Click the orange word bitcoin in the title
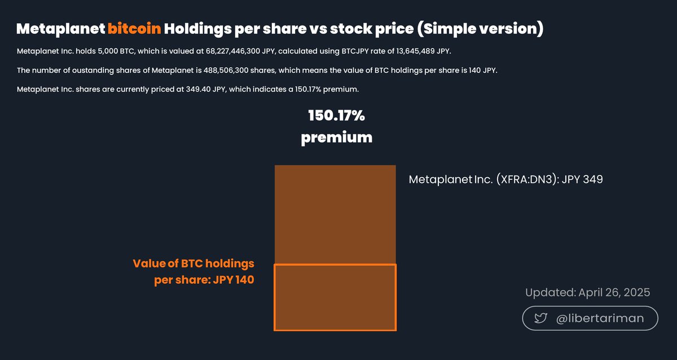pyautogui.click(x=134, y=29)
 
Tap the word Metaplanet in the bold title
pyautogui.click(x=60, y=29)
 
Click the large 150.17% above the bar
pyautogui.click(x=336, y=116)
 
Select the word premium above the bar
pyautogui.click(x=336, y=137)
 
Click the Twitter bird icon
pyautogui.click(x=540, y=318)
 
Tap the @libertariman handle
pyautogui.click(x=600, y=318)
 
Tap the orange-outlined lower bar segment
pyautogui.click(x=335, y=297)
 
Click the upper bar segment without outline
pyautogui.click(x=335, y=214)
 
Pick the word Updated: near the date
pyautogui.click(x=550, y=292)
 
